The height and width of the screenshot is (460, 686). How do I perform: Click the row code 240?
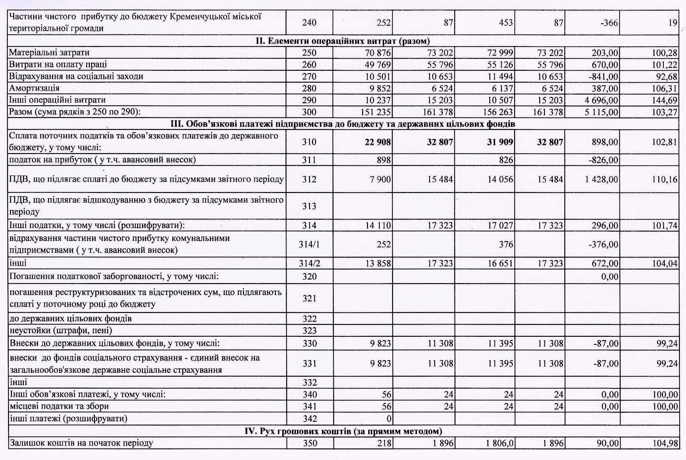point(309,23)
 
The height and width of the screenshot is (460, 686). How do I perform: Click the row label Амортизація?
point(34,88)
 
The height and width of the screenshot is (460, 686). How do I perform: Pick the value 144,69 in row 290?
point(664,100)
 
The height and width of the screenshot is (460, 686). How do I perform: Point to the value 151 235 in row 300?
point(375,112)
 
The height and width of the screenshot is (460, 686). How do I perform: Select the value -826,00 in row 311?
point(603,160)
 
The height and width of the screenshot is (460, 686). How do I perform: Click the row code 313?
point(309,206)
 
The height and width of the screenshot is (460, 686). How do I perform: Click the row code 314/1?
point(309,244)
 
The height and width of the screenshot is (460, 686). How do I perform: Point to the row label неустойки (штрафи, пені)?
point(61,330)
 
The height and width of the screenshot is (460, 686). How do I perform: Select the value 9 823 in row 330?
point(381,344)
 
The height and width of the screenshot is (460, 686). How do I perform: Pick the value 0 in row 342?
point(389,419)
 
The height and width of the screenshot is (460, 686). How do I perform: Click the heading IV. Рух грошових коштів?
point(343,431)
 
